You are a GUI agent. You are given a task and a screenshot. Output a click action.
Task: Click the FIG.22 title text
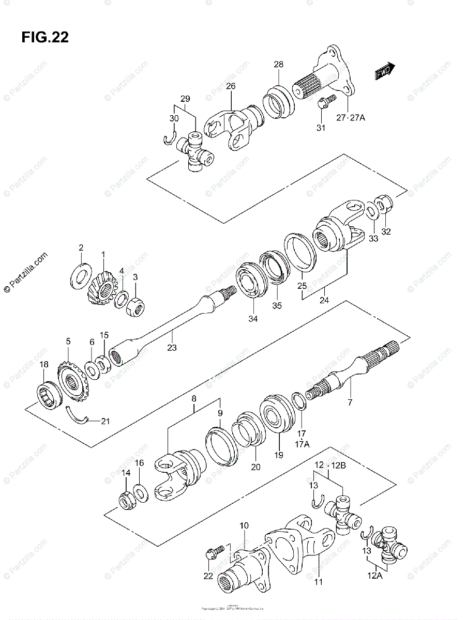pos(45,37)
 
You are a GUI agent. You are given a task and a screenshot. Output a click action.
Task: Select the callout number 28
pos(279,65)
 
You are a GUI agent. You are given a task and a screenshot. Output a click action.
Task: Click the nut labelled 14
pos(126,500)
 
